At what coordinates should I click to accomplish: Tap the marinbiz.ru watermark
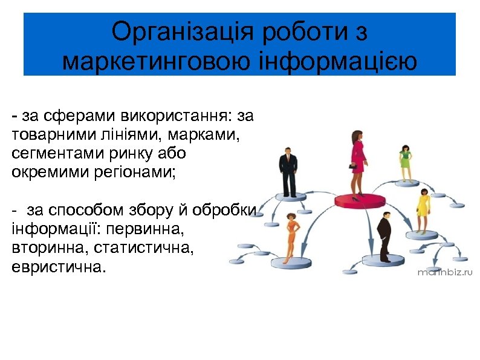[x=445, y=272]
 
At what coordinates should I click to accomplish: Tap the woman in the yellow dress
[x=424, y=210]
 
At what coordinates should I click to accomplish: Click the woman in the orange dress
[x=292, y=235]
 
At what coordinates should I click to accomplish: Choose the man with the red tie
[x=287, y=172]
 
